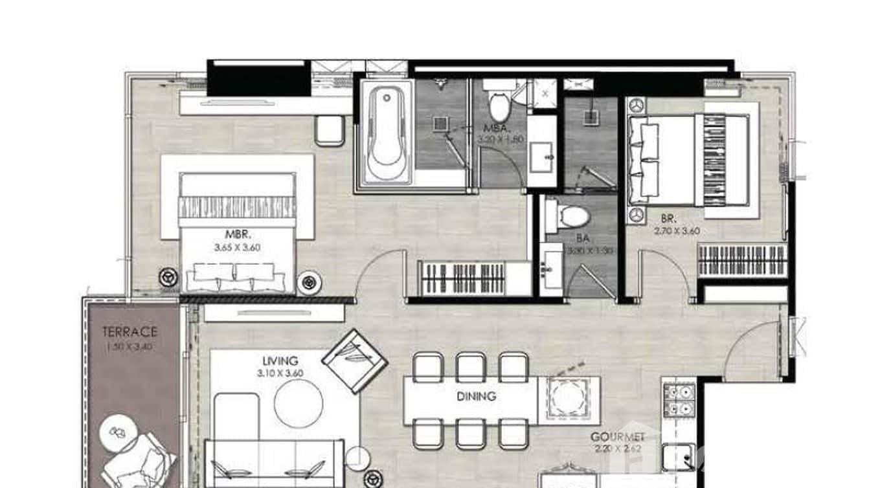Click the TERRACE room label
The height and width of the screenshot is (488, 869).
pos(130,332)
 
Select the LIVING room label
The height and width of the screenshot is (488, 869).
pos(280,360)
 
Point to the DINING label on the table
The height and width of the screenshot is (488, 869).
pos(475,396)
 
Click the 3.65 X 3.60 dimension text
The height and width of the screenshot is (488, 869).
pos(237,247)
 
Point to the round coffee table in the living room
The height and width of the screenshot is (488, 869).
pos(298,403)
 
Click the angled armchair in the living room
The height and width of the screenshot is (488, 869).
pos(354,360)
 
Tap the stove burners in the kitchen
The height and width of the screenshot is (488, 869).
pos(679,400)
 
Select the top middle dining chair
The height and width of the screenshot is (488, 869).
pos(470,367)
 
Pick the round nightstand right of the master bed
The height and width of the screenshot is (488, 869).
pos(309,283)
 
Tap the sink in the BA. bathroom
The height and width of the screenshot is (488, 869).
pos(550,268)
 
